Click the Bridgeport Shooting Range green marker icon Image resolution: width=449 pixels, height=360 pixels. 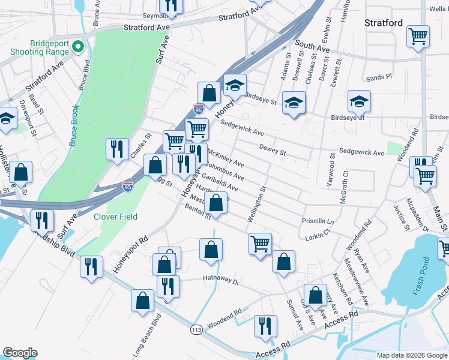pos(77,46)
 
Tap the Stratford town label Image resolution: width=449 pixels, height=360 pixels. pos(384,23)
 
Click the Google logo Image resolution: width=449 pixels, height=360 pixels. pos(20,353)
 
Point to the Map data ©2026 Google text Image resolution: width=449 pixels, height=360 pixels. pos(412,355)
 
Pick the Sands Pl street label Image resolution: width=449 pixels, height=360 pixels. pos(379,77)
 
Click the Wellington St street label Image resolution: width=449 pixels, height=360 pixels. pos(262,206)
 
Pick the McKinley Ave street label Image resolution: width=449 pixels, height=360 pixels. pos(226,159)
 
